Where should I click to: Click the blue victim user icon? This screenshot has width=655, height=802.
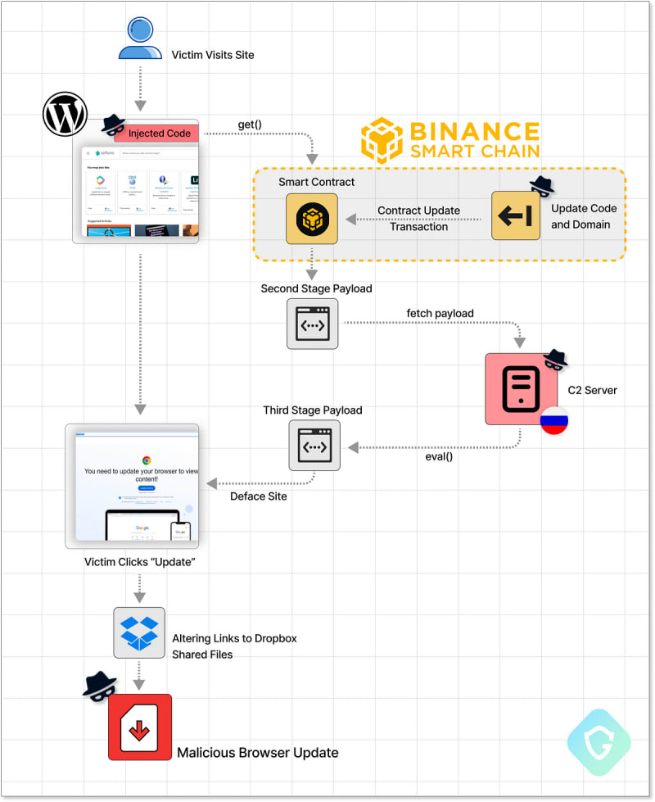pyautogui.click(x=140, y=39)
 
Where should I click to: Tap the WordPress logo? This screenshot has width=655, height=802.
pyautogui.click(x=65, y=115)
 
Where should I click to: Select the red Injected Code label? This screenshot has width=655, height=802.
pyautogui.click(x=159, y=134)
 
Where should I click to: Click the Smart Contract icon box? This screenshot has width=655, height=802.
pyautogui.click(x=312, y=219)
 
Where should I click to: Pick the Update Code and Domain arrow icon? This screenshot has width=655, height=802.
pyautogui.click(x=516, y=215)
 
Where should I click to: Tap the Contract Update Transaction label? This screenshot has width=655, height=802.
pyautogui.click(x=418, y=219)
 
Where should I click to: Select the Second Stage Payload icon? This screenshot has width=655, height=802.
pyautogui.click(x=312, y=324)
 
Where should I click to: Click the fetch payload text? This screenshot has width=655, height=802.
pyautogui.click(x=440, y=313)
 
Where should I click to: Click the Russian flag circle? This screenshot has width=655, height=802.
pyautogui.click(x=554, y=419)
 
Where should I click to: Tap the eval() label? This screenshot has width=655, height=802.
pyautogui.click(x=439, y=457)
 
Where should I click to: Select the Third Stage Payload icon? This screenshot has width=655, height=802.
pyautogui.click(x=314, y=446)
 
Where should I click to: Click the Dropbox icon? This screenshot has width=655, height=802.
pyautogui.click(x=139, y=632)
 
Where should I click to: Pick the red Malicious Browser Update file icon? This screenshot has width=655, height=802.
pyautogui.click(x=140, y=727)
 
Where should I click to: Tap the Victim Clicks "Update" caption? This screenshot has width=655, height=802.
pyautogui.click(x=139, y=563)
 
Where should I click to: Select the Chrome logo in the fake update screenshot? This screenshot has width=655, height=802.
pyautogui.click(x=147, y=460)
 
